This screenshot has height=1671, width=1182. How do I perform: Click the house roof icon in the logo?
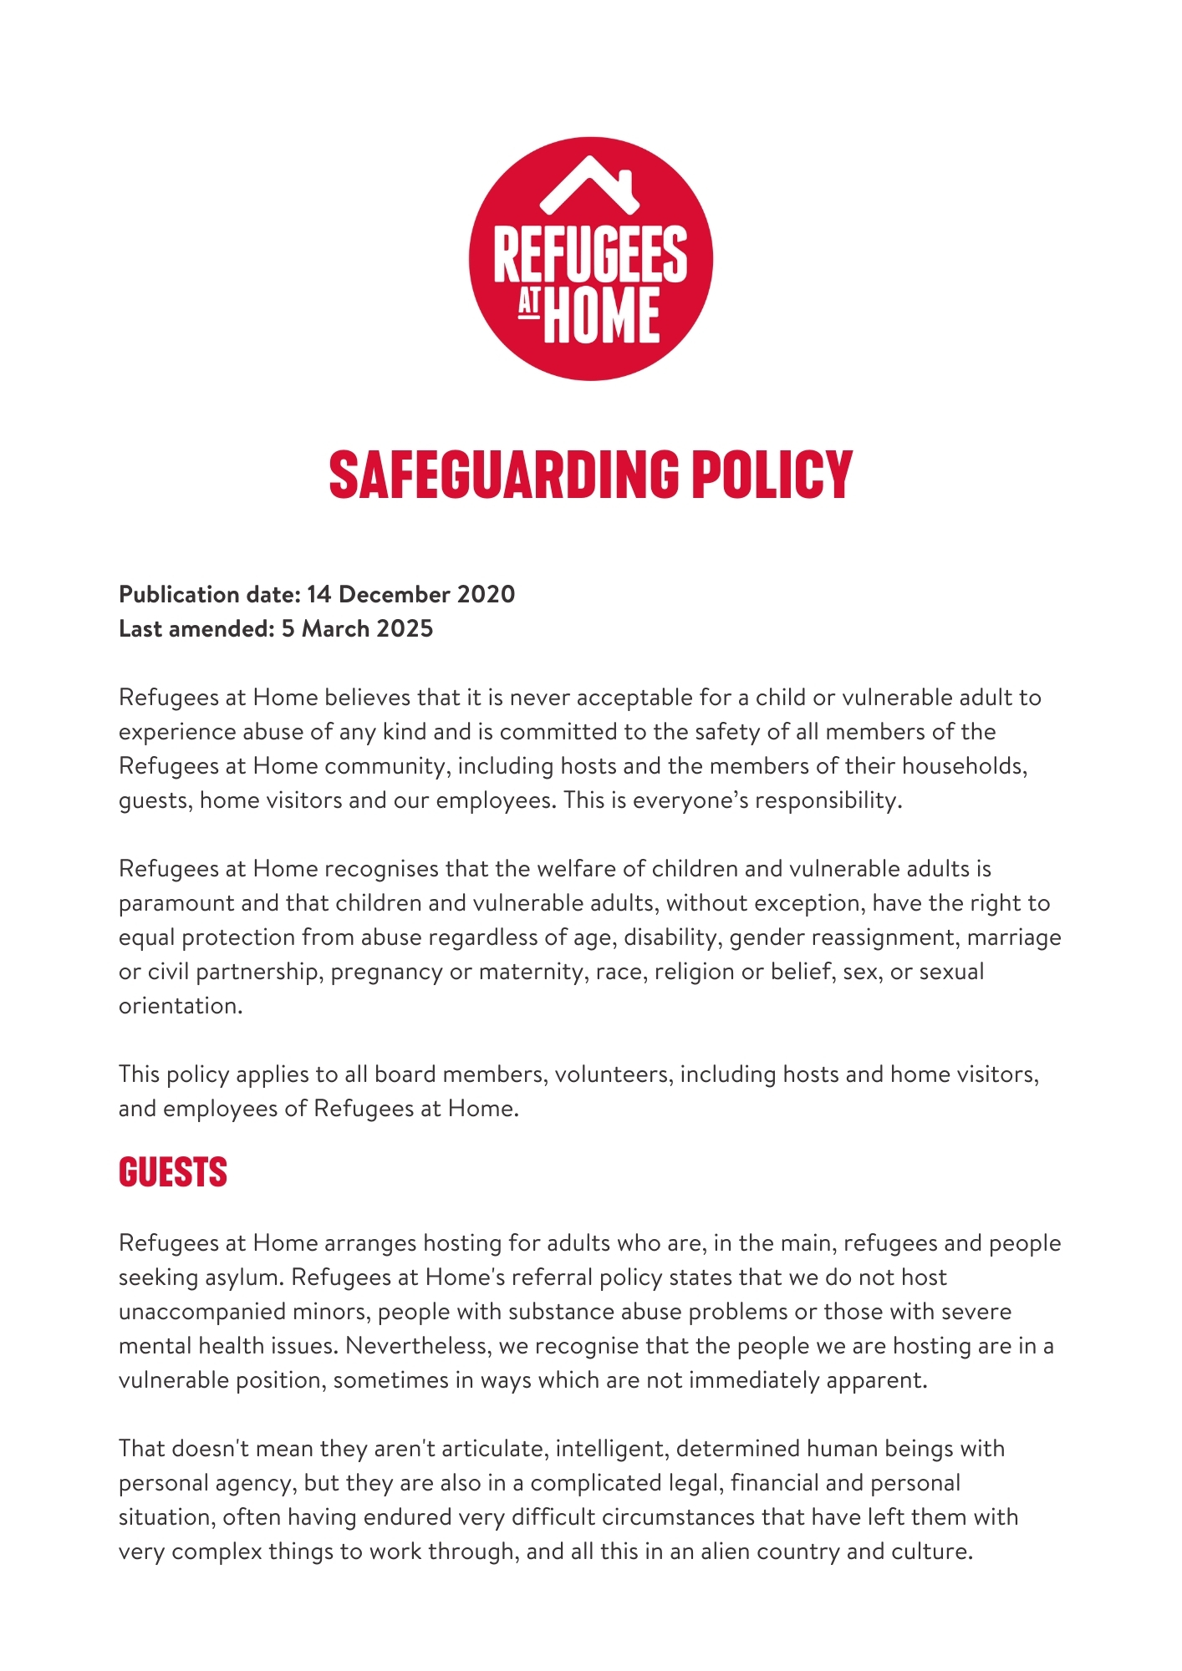pos(590,184)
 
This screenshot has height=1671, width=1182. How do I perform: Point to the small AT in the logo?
pos(528,305)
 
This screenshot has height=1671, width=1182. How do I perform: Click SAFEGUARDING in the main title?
pos(504,475)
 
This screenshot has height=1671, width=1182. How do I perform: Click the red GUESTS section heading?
pos(173,1171)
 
